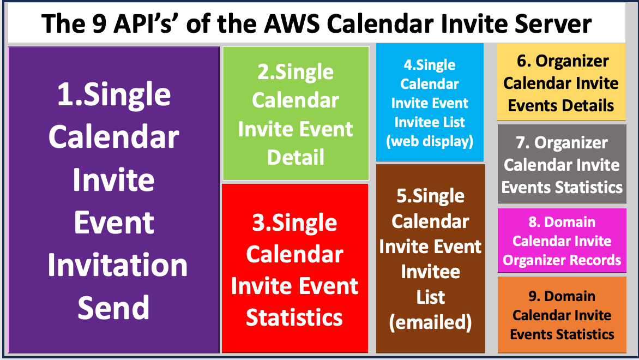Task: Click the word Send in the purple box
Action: [x=113, y=307]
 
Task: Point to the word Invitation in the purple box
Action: [x=117, y=265]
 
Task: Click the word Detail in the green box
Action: [x=296, y=158]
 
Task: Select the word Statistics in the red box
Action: [x=294, y=317]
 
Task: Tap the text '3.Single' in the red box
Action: [x=294, y=223]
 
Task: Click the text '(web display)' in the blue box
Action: [x=430, y=141]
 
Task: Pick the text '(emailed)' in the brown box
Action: [x=430, y=322]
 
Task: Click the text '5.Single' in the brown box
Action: [x=430, y=196]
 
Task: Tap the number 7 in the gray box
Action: [x=521, y=143]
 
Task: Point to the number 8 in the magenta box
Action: [x=533, y=223]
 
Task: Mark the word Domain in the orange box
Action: [x=570, y=296]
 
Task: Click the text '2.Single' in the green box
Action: [x=296, y=73]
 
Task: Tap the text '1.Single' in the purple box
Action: [x=114, y=95]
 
